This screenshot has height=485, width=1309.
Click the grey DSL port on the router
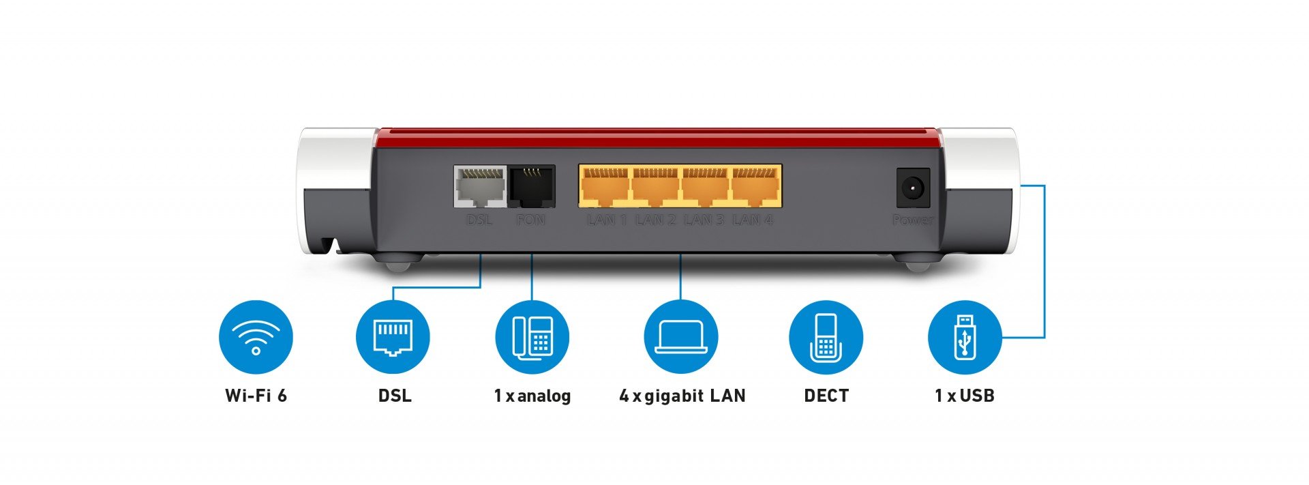pos(481,187)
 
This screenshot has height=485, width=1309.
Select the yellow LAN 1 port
pos(604,186)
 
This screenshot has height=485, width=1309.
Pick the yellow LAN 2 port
pos(654,186)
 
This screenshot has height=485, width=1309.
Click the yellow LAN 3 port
pos(705,186)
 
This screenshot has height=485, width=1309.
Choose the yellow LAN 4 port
pos(755,186)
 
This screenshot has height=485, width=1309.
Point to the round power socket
pos(913,187)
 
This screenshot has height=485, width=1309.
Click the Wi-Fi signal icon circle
pos(256,337)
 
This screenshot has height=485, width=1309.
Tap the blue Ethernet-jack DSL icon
pos(393,337)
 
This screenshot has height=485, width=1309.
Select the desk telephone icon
pos(532,337)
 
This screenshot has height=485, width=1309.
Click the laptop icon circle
pos(681,337)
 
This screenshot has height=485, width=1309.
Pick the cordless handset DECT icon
pos(826,337)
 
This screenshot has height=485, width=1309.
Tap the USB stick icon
pos(965,337)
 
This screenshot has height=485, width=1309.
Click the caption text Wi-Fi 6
pos(256,396)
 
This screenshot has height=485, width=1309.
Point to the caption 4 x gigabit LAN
pos(682,396)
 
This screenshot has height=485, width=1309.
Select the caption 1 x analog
pos(532,396)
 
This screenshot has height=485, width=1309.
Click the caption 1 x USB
pos(964,396)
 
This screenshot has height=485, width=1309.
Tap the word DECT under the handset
pos(826,396)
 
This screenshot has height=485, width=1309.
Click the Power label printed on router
pos(913,220)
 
